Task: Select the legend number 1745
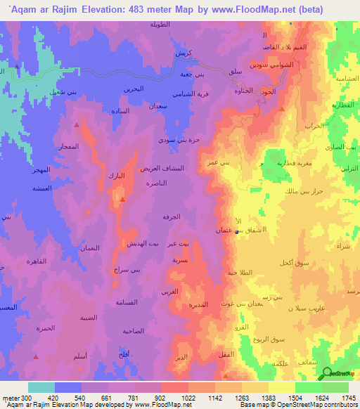[348, 397]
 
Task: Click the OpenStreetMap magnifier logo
[327, 374]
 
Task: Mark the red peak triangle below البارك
[122, 200]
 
